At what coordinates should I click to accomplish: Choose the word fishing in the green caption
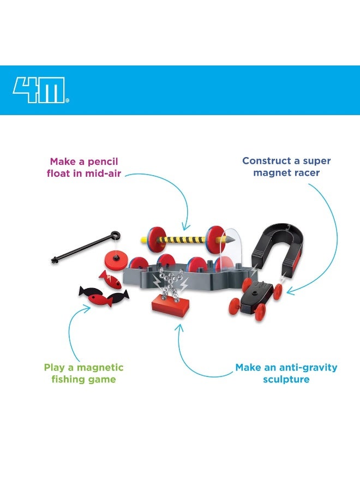point(68,379)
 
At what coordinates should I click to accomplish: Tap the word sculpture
point(286,379)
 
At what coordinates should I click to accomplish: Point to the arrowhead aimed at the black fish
point(88,308)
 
